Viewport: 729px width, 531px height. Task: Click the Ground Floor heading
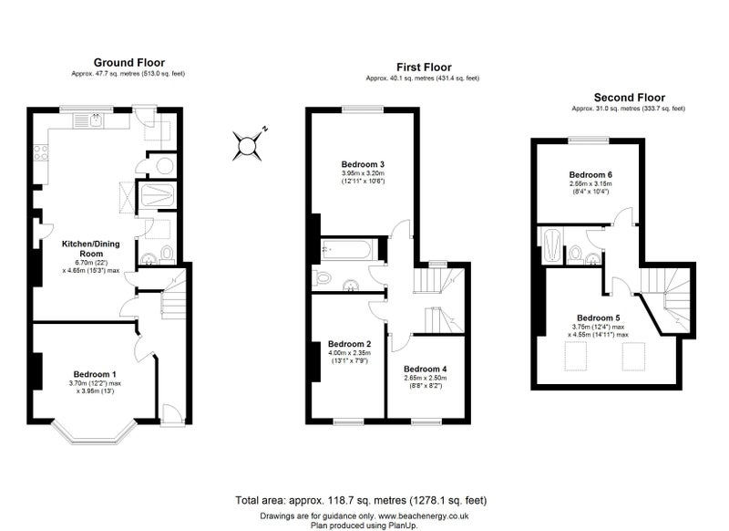[129, 62]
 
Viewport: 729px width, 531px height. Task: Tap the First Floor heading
[424, 67]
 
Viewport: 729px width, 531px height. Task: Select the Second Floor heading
[630, 98]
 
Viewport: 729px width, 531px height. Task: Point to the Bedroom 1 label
[95, 374]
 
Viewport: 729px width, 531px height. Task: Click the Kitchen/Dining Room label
[91, 248]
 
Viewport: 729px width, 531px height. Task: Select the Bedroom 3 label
[363, 164]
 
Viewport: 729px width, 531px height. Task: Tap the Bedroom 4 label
[426, 369]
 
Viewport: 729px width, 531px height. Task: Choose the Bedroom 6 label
[590, 175]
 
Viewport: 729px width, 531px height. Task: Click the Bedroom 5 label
[599, 318]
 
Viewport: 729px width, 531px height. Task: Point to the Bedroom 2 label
[350, 344]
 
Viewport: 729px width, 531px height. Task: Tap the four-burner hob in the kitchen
[40, 152]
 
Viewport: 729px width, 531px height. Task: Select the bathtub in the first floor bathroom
[346, 250]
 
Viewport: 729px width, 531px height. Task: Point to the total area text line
[361, 501]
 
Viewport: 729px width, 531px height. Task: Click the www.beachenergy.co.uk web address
[423, 516]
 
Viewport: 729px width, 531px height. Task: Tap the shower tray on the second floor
[553, 245]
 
